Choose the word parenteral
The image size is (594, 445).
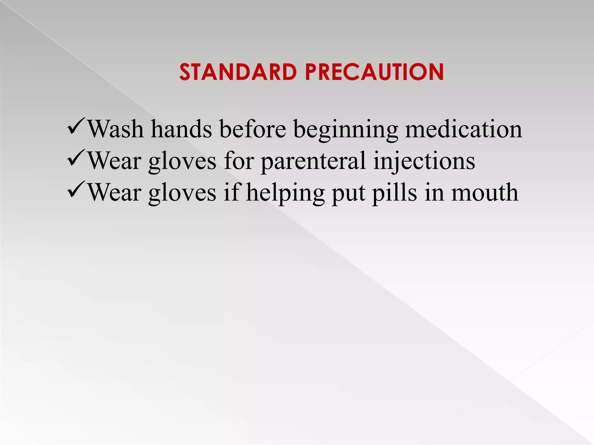pos(313,162)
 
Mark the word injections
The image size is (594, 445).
pos(424,161)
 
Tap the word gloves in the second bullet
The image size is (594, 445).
pos(182,162)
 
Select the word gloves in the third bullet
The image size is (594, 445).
pos(182,193)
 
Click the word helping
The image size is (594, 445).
pos(285,193)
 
